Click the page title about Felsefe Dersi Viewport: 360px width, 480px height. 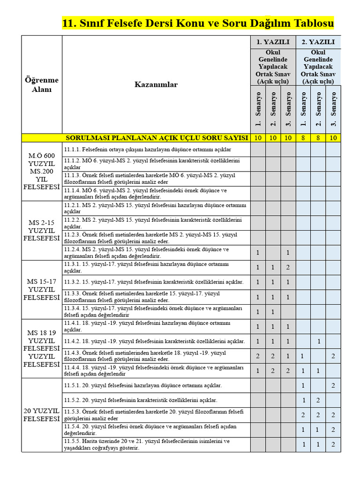point(198,23)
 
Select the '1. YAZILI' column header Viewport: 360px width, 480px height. point(273,42)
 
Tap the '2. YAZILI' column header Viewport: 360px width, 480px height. point(318,42)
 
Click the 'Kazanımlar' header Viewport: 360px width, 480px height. point(156,84)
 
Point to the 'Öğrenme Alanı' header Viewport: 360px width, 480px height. point(42,84)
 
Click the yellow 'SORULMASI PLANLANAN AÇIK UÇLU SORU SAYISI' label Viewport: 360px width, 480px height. point(157,138)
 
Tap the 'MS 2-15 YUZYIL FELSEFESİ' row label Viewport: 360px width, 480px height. point(42,230)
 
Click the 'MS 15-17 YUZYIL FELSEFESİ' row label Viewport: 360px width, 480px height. point(42,289)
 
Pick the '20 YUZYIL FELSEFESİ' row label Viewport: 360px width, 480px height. point(42,415)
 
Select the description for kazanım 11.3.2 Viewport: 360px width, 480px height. point(154,282)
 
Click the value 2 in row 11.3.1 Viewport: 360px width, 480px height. point(288,267)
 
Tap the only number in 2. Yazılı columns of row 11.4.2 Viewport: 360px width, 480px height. point(318,341)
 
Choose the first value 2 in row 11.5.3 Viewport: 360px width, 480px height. point(303,415)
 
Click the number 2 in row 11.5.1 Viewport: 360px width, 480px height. point(333,385)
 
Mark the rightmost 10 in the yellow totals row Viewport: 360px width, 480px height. point(333,138)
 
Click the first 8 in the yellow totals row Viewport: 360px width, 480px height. point(303,138)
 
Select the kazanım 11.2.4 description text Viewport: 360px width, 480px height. point(146,253)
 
